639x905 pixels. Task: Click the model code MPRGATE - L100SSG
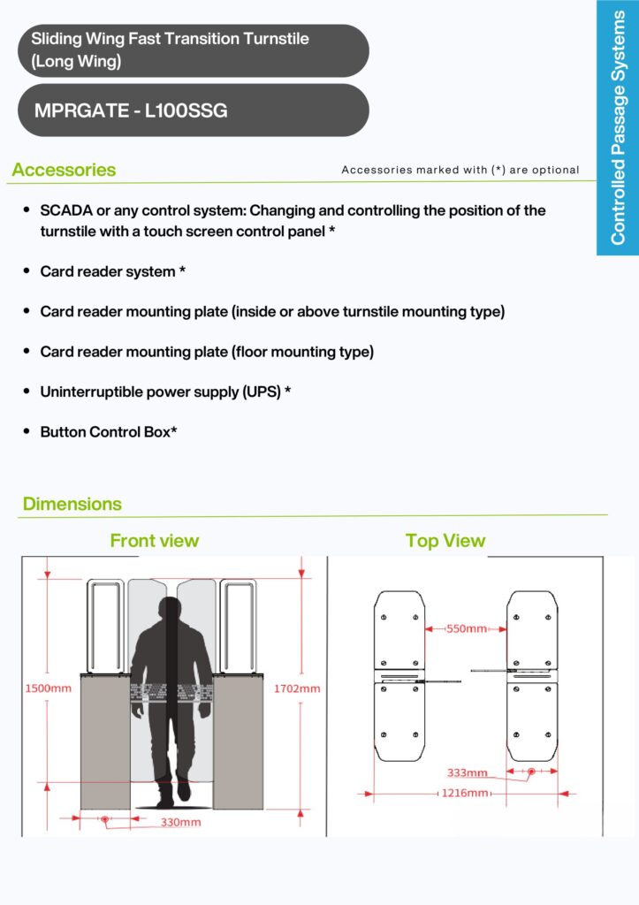tap(131, 111)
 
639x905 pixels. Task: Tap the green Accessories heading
tap(64, 170)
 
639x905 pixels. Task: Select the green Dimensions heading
tap(72, 504)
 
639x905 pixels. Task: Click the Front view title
tap(155, 540)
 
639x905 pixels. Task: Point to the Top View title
tap(445, 540)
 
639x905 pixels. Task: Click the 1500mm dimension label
tap(47, 688)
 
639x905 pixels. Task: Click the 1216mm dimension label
tap(465, 794)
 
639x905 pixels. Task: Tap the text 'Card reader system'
tap(108, 271)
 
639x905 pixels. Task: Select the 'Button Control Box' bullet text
tap(106, 432)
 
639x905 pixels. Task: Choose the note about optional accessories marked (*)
tap(460, 170)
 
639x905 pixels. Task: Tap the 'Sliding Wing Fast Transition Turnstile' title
tap(170, 39)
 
